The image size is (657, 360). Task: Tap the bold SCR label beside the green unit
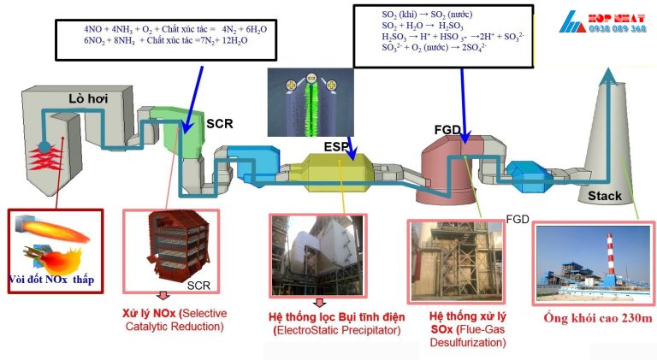(x=220, y=123)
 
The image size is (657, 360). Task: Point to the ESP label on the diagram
(x=335, y=146)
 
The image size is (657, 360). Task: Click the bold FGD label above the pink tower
(x=449, y=129)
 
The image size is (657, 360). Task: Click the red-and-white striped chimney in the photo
(x=610, y=261)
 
